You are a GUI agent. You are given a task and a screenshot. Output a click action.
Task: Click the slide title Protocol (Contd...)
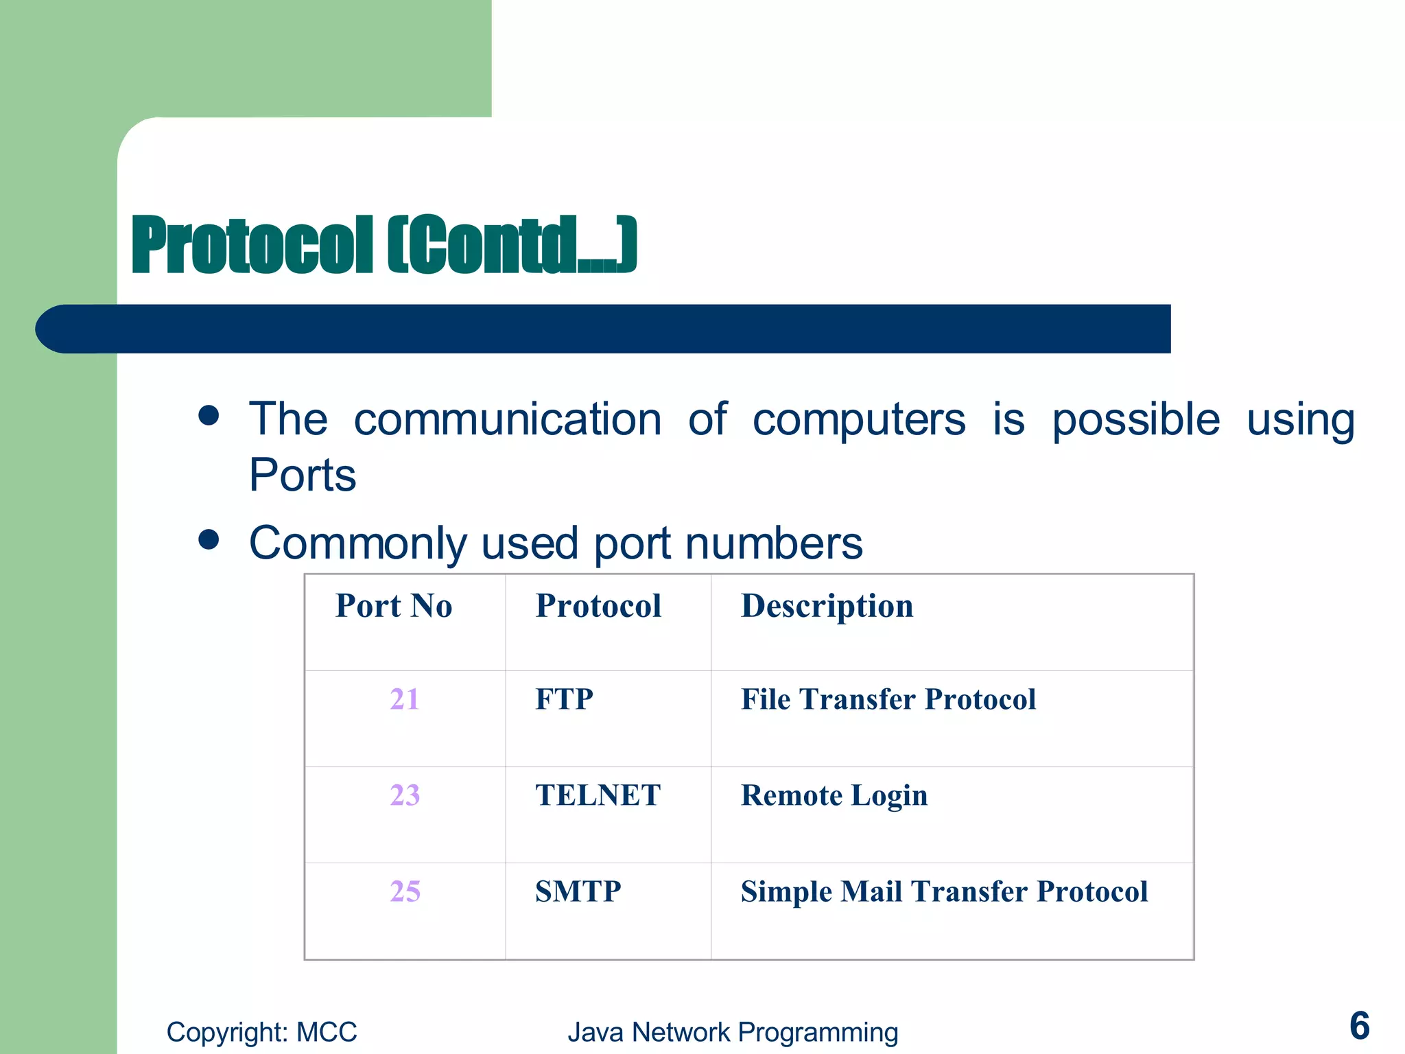[384, 245]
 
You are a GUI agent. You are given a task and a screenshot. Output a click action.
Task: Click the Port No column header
[394, 606]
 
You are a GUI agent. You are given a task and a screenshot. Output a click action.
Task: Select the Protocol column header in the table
[598, 606]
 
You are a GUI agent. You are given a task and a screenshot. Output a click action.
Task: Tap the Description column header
[827, 607]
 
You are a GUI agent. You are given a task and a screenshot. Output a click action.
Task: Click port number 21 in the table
[405, 699]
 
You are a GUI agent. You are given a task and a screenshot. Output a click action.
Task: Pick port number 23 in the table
[405, 795]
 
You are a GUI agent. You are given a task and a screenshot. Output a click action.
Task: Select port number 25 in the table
[405, 891]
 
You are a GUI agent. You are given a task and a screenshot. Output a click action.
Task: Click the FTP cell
[564, 699]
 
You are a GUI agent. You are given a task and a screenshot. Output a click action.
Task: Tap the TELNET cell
[598, 795]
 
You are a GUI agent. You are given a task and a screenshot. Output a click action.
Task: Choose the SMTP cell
[578, 891]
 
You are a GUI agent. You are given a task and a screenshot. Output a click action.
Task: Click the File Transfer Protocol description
[888, 699]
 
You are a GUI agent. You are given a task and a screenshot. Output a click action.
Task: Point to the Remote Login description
[834, 796]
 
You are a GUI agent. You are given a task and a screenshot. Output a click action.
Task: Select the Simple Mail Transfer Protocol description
[944, 891]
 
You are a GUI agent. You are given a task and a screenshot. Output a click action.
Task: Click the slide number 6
[1359, 1026]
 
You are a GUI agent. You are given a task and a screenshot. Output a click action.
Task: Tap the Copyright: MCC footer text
[261, 1032]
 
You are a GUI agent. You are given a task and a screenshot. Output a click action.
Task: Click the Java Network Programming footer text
[733, 1032]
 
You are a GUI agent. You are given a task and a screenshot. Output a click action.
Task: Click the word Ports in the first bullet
[303, 475]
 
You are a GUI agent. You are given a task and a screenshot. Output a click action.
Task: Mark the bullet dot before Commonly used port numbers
[209, 539]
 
